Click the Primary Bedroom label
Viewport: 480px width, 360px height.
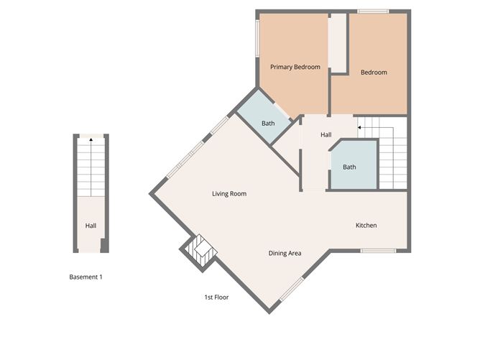tap(295, 67)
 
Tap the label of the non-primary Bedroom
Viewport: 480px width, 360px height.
tap(374, 72)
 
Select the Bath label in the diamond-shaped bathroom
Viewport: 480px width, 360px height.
tap(268, 123)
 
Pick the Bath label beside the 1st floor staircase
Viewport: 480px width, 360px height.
tap(349, 167)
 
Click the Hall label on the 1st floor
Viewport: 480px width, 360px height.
tap(326, 134)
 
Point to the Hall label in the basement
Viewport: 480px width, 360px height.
tap(91, 226)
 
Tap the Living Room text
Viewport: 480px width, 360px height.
tap(229, 193)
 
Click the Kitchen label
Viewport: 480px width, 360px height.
tap(366, 225)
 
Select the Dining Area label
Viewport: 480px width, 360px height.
tap(285, 253)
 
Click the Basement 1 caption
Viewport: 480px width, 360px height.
tap(86, 277)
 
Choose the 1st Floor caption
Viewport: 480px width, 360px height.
tap(216, 297)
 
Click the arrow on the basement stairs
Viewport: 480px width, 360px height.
tap(91, 142)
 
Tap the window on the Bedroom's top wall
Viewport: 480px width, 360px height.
tap(373, 11)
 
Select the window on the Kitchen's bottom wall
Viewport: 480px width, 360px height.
tap(378, 251)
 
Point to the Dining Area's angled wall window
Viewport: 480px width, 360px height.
tap(291, 289)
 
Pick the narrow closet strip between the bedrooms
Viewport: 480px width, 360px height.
tap(337, 43)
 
